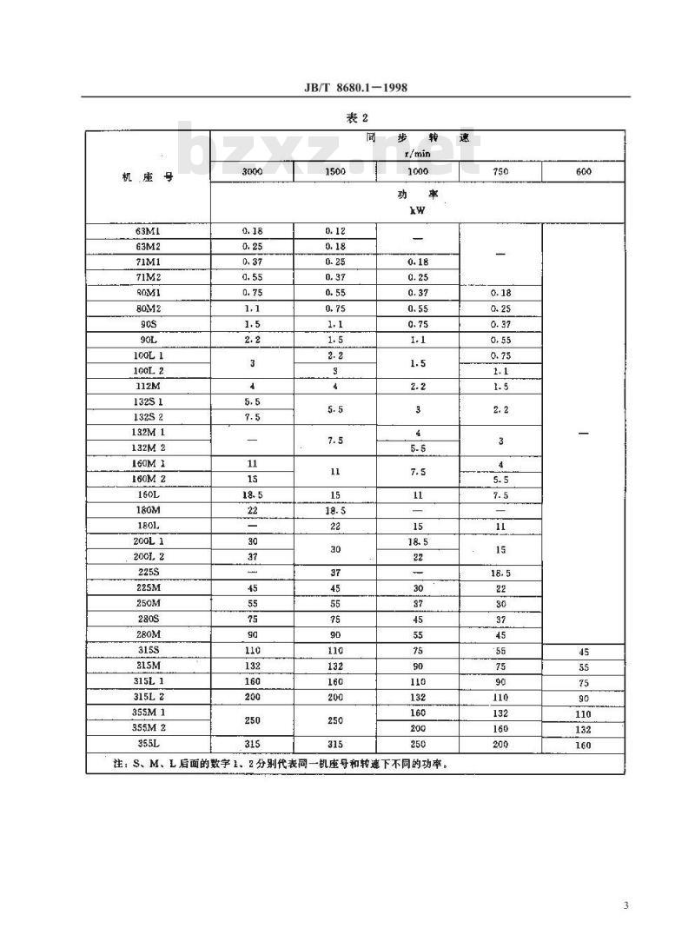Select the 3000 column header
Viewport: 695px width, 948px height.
coord(252,172)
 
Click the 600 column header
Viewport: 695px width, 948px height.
coord(583,172)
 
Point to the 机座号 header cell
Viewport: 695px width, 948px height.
coord(149,176)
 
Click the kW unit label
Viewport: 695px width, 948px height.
coord(418,209)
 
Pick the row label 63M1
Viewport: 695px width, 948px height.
coord(149,232)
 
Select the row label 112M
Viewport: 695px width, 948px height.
coord(149,387)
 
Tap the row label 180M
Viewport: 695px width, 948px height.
coord(149,511)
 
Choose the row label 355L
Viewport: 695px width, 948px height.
coord(149,744)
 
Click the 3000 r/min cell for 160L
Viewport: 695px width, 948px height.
coord(252,495)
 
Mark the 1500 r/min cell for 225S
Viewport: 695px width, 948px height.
coord(335,573)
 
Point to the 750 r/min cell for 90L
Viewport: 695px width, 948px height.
coord(500,341)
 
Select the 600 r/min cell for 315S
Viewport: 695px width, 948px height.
coord(583,652)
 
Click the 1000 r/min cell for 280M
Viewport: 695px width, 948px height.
coord(418,635)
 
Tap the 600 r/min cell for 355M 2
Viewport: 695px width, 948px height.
coord(583,730)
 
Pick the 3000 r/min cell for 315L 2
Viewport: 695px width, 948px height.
coord(252,698)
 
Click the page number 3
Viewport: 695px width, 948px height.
coord(625,906)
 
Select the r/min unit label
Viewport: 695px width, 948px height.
coord(418,153)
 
